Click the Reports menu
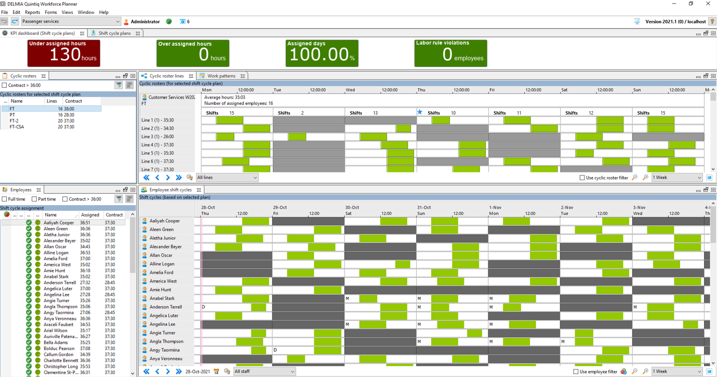32,12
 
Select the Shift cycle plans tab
114,33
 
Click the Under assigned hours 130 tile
64,53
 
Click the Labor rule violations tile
450,53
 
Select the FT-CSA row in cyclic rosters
17,127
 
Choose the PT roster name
12,115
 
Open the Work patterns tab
221,76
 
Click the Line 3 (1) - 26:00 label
157,137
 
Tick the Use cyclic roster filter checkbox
582,178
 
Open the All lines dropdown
227,178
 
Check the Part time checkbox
34,199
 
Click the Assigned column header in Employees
90,215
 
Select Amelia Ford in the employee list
56,259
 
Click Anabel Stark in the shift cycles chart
162,299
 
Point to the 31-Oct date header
424,207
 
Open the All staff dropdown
264,371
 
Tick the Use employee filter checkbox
576,371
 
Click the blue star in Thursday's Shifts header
420,112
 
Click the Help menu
104,12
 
